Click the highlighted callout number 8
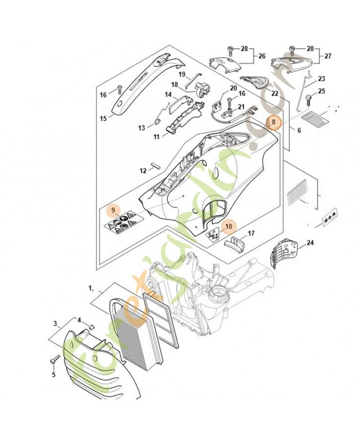273,123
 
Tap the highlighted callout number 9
113,211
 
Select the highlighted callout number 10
229,227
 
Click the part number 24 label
310,243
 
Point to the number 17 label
251,233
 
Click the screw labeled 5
55,360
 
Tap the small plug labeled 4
91,327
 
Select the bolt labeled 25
309,101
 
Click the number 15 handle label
103,118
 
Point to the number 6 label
299,130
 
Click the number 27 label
327,56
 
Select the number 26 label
262,56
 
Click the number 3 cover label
55,323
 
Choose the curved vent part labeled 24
283,252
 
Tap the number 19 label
182,74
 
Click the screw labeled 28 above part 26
230,51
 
